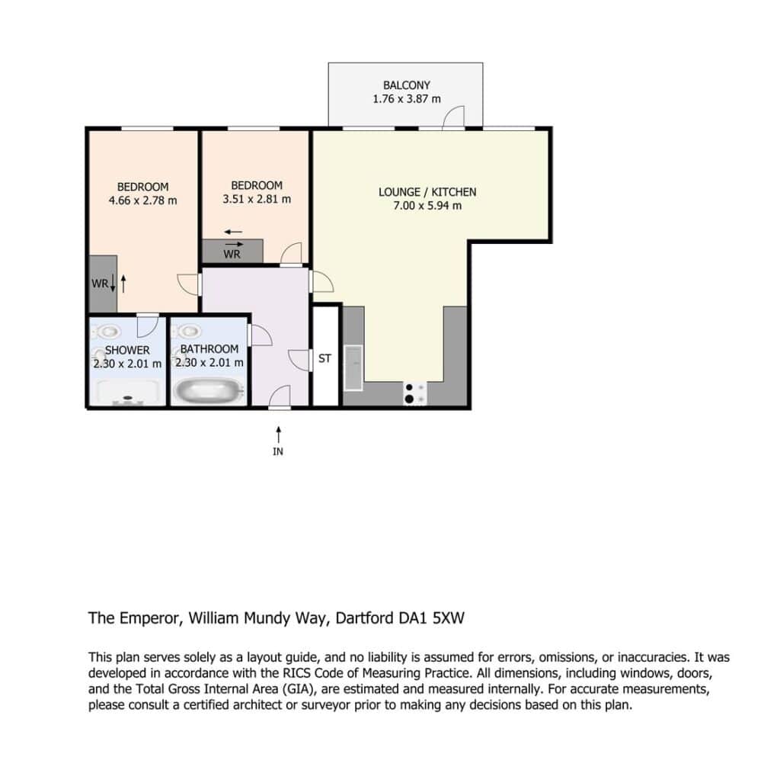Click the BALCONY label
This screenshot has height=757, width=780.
[407, 85]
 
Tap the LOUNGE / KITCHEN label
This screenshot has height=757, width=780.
[427, 191]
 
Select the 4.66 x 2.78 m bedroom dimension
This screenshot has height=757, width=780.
[142, 200]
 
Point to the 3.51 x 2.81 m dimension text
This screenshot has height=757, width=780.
[257, 199]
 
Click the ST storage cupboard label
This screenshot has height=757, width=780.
[324, 358]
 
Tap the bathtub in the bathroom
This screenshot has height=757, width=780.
[209, 390]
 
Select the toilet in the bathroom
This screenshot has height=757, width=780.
[188, 330]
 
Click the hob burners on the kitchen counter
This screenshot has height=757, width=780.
[414, 393]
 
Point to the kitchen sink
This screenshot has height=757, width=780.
[353, 367]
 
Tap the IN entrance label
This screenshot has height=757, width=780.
[278, 451]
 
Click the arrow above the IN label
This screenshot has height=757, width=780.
[279, 434]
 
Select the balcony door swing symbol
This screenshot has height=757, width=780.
[454, 117]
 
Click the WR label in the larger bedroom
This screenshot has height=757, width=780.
[100, 284]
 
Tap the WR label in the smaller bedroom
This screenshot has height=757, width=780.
[232, 255]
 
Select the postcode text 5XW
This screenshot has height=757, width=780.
[449, 618]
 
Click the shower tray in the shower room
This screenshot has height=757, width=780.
[127, 391]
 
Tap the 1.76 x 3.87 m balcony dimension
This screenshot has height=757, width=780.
[407, 99]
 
